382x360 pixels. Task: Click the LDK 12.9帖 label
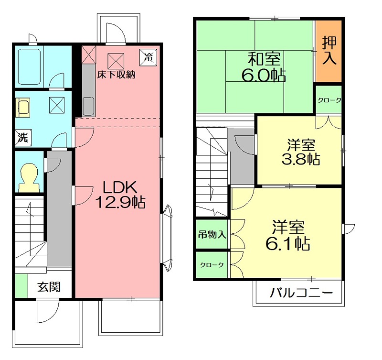pyautogui.click(x=120, y=195)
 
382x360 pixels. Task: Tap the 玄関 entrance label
pyautogui.click(x=49, y=287)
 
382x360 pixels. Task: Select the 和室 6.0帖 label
pyautogui.click(x=264, y=67)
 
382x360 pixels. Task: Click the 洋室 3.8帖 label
pyautogui.click(x=301, y=152)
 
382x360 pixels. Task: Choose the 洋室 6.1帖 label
pyautogui.click(x=288, y=236)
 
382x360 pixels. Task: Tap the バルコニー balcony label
pyautogui.click(x=301, y=293)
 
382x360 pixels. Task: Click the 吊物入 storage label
pyautogui.click(x=212, y=235)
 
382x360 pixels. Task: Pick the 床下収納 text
pyautogui.click(x=116, y=75)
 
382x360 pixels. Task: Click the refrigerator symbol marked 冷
pyautogui.click(x=148, y=57)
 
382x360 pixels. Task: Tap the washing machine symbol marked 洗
pyautogui.click(x=23, y=138)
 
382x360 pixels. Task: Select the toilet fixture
pyautogui.click(x=29, y=177)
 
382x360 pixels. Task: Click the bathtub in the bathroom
pyautogui.click(x=29, y=67)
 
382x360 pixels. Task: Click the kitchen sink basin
pyautogui.click(x=88, y=106)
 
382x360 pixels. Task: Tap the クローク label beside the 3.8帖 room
pyautogui.click(x=329, y=100)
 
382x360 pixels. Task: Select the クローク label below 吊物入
pyautogui.click(x=212, y=265)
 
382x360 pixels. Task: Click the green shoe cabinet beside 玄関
pyautogui.click(x=21, y=285)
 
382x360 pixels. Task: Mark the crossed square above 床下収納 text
pyautogui.click(x=116, y=61)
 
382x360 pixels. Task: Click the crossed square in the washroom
pyautogui.click(x=57, y=105)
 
